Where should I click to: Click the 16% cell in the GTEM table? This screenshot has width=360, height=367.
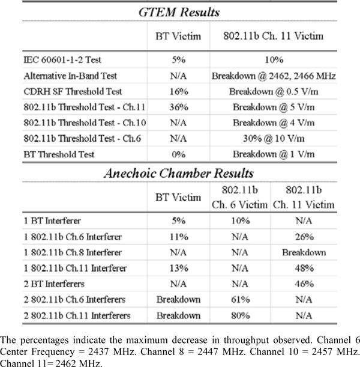point(178,92)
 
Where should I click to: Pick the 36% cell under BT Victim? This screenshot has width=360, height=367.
point(178,108)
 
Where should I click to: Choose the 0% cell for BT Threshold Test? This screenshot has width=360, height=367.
point(178,154)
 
